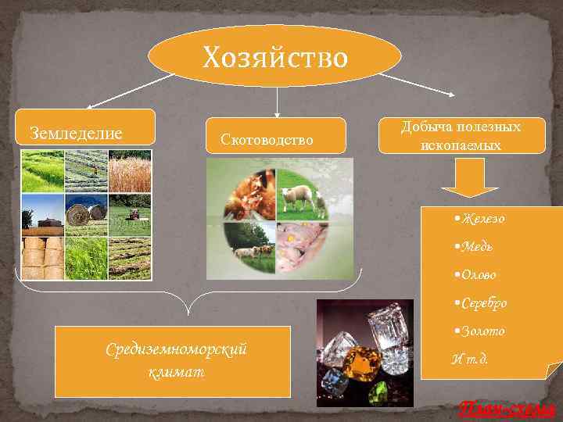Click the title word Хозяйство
pyautogui.click(x=274, y=57)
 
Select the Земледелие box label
pyautogui.click(x=76, y=133)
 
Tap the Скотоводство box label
pyautogui.click(x=267, y=140)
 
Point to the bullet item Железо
pyautogui.click(x=482, y=218)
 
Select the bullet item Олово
pyautogui.click(x=478, y=274)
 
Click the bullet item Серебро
pyautogui.click(x=482, y=302)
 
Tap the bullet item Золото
pyautogui.click(x=481, y=331)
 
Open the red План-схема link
pyautogui.click(x=506, y=408)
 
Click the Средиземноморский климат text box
pyautogui.click(x=176, y=361)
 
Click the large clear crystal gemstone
pyautogui.click(x=389, y=328)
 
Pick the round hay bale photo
pyautogui.click(x=85, y=213)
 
